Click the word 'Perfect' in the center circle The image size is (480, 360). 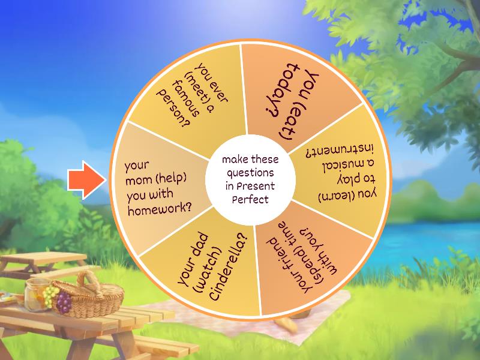[x=251, y=199]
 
